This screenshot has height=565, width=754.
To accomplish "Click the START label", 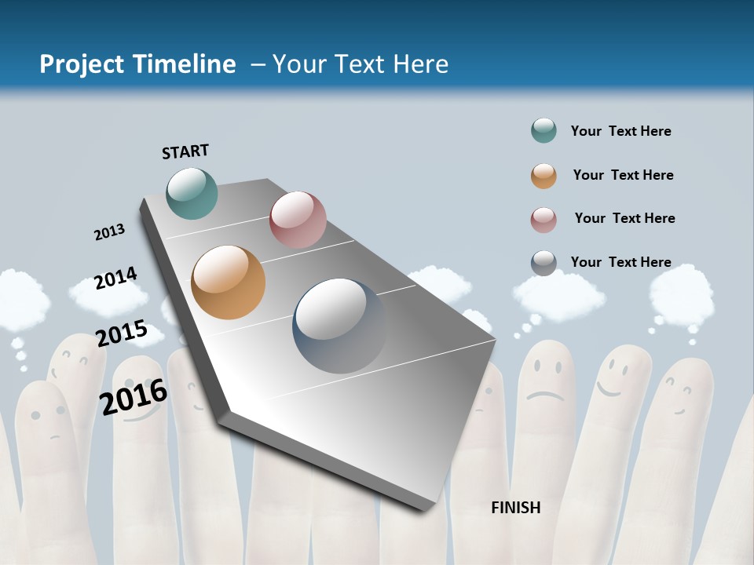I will point(185,151).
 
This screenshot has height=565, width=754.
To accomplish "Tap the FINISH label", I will point(516,508).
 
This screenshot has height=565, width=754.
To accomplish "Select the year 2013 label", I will point(109,232).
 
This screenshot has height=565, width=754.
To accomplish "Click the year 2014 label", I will point(115,279).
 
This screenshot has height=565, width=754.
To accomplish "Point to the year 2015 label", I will point(122,334).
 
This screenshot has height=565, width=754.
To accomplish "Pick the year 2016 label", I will point(134,395).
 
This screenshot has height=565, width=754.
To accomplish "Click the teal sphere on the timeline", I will point(192,193).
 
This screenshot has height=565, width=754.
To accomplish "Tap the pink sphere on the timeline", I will point(298,219).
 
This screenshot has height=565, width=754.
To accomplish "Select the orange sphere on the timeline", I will point(229,282).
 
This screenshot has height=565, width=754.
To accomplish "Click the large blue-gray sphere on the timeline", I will point(340,325).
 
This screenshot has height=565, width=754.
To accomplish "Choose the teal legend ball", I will point(544,131).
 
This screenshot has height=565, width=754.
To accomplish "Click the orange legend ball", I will point(544,176).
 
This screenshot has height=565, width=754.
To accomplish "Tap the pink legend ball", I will point(544,220).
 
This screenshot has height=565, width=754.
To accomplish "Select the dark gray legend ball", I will point(544,263).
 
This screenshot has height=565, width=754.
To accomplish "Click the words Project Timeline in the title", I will point(137,64).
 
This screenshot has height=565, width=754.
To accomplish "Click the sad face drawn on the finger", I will point(544,381).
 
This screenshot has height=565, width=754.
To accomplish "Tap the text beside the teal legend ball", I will point(620,131).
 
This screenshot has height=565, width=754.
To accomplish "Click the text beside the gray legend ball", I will point(620,262).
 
